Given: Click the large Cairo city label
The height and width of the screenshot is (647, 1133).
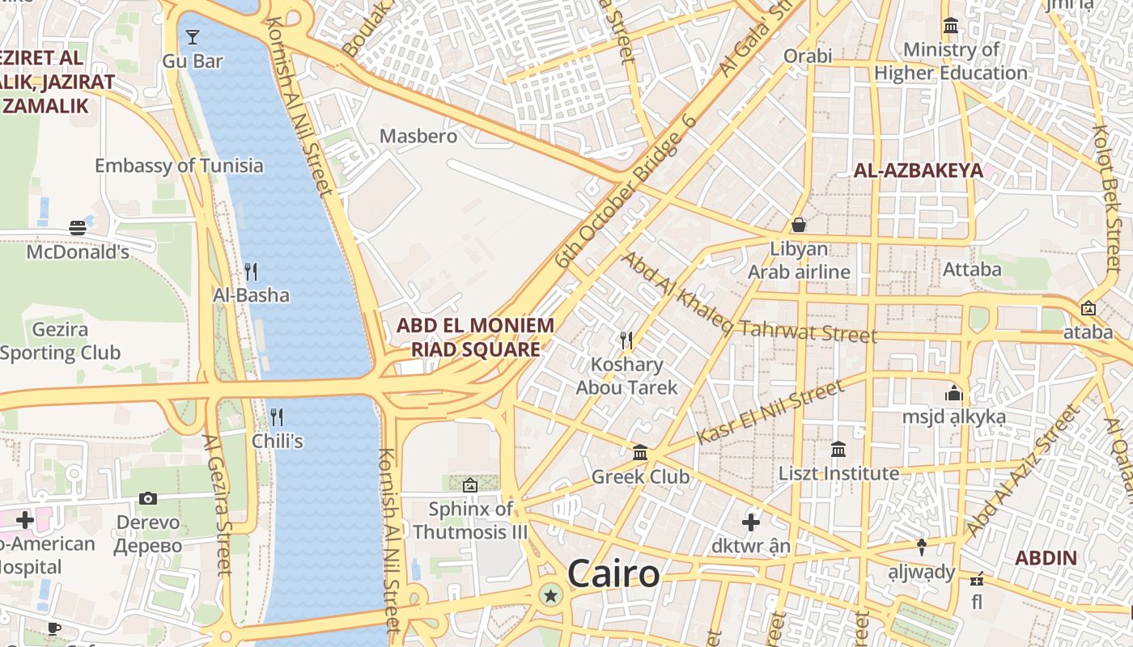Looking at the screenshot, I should (613, 573).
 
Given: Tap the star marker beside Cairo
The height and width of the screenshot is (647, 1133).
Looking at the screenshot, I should (551, 597).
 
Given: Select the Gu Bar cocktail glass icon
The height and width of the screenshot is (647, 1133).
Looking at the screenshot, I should (193, 37).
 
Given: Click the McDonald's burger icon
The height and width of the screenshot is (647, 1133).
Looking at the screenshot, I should (78, 228).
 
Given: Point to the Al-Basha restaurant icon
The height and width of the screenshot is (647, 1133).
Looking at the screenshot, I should (251, 272).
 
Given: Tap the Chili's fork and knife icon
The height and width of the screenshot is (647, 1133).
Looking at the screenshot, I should (277, 417).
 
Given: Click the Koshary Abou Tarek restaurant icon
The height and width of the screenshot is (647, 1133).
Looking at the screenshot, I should (626, 340).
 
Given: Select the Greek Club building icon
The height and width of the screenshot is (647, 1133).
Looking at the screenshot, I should (640, 451).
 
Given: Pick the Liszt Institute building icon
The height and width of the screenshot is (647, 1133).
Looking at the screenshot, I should (838, 449).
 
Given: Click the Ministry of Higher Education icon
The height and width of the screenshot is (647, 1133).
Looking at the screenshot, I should (951, 26).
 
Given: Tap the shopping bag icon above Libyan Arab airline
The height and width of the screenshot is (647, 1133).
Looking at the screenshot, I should (799, 225).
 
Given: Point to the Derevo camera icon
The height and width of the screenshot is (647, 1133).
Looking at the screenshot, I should (148, 498).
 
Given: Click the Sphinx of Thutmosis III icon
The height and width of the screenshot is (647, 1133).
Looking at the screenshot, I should (470, 485).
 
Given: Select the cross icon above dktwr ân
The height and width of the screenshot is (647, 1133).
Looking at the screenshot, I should (751, 522).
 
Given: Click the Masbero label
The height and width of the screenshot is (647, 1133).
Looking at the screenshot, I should (418, 136).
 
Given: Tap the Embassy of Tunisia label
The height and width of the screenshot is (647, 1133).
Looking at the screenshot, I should (179, 166).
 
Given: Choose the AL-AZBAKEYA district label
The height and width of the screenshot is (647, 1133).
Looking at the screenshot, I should (919, 171).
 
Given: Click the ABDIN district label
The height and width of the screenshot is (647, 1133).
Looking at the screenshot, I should (1046, 558).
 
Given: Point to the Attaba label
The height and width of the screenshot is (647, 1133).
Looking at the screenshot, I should (972, 269).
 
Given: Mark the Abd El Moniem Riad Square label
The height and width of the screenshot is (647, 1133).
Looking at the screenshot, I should (476, 337).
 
